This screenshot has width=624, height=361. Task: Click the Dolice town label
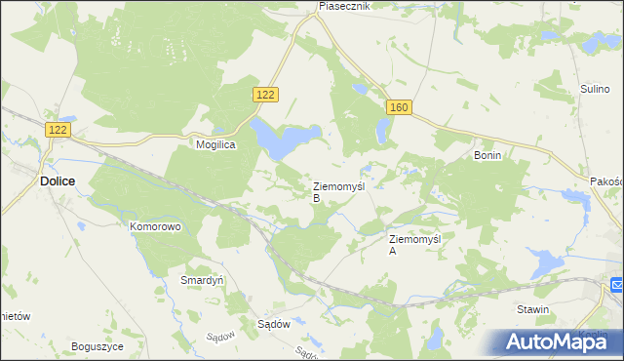[x=58, y=180]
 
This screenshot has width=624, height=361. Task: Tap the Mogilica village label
[x=219, y=142]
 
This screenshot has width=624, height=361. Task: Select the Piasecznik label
[x=345, y=6]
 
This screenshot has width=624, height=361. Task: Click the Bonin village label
[x=487, y=155]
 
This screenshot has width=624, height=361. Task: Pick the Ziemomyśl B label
[x=338, y=190]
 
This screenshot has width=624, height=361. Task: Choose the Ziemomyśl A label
[x=415, y=244]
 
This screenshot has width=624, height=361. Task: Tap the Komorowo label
[x=156, y=226]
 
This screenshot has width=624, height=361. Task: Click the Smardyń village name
[x=203, y=279]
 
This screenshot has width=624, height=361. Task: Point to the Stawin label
[x=533, y=309]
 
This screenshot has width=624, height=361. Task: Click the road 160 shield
[x=397, y=107]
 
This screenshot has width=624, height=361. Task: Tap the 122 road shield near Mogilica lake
[x=266, y=94]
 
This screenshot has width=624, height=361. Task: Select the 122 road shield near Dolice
[x=58, y=129]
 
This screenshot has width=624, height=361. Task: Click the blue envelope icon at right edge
[x=617, y=285]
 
